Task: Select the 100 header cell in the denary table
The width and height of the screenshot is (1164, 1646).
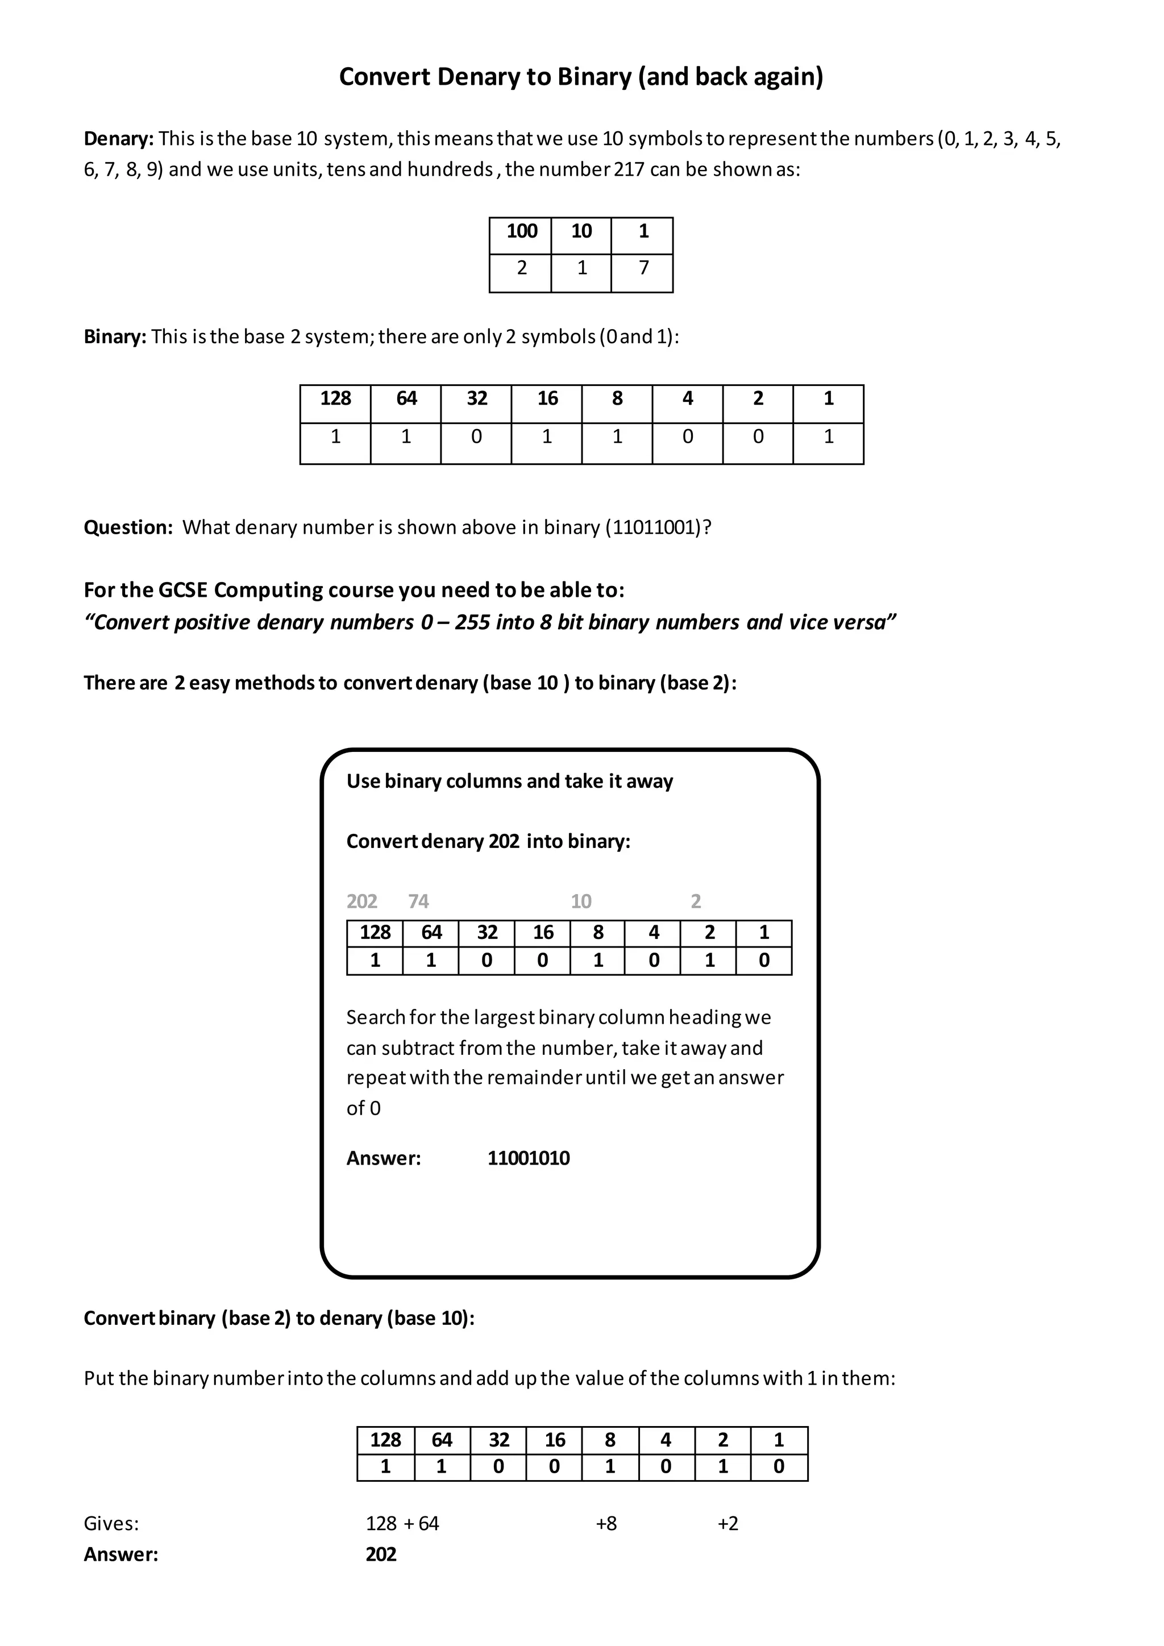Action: (x=521, y=231)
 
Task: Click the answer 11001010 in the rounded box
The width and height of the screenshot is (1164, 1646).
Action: (x=528, y=1158)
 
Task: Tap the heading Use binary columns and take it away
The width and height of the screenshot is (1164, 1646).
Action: (x=510, y=782)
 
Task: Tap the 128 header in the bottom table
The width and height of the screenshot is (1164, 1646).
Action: (x=385, y=1440)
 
